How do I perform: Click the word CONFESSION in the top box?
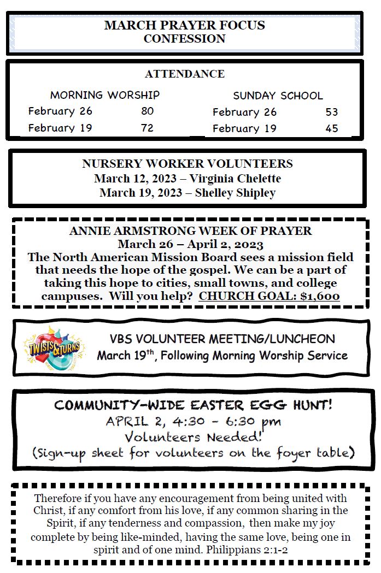point(184,39)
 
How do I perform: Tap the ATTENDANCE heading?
point(184,74)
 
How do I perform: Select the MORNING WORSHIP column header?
point(105,95)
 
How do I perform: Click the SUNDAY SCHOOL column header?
point(278,96)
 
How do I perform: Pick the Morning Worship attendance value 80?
point(147,111)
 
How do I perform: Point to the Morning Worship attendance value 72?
point(147,128)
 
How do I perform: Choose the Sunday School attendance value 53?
point(331,113)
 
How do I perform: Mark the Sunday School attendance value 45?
point(331,129)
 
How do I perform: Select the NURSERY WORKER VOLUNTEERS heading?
point(187,164)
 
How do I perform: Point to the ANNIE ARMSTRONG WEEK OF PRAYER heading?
point(190,231)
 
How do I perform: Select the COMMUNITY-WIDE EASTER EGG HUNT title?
point(194,405)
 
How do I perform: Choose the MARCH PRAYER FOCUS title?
point(184,25)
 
